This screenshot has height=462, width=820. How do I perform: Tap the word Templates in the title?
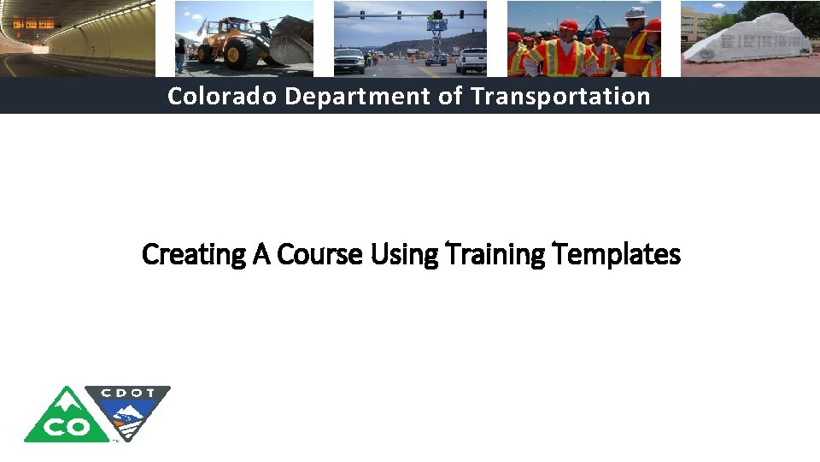click(618, 254)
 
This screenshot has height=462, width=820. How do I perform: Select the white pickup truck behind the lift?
click(471, 60)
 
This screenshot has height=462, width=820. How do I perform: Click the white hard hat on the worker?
click(635, 13)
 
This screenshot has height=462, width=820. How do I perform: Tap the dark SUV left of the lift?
click(348, 60)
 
